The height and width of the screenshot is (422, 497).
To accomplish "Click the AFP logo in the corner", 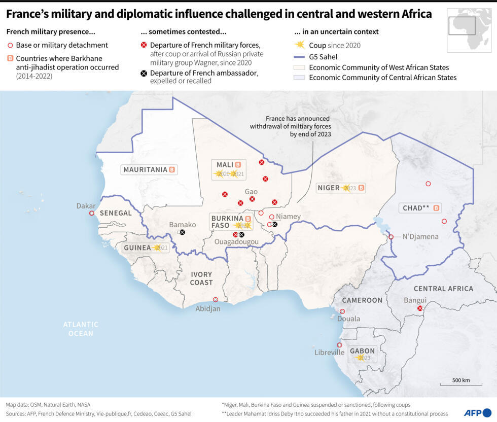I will click(x=477, y=412).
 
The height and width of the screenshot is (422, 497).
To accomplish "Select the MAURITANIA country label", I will click(x=146, y=169).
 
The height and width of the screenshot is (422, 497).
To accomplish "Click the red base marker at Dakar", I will click(x=92, y=213).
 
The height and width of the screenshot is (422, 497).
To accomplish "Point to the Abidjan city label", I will click(x=208, y=308).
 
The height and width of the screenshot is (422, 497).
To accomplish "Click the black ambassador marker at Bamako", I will click(x=182, y=232).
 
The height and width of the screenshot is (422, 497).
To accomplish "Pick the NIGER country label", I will click(x=329, y=188).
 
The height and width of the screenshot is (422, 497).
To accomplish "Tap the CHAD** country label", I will click(x=416, y=208).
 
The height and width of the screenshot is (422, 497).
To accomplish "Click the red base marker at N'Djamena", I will click(x=391, y=237).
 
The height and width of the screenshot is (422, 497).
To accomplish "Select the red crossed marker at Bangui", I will click(x=419, y=308).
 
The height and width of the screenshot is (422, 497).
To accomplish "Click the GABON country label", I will click(x=362, y=351).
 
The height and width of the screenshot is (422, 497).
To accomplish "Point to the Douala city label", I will click(x=348, y=319).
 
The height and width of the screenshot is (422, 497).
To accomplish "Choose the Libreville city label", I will click(x=329, y=352).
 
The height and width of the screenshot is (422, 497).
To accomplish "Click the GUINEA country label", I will click(x=137, y=248).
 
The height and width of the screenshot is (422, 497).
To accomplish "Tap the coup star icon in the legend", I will click(x=300, y=45).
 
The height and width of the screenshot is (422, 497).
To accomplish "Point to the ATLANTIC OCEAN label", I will click(x=81, y=329).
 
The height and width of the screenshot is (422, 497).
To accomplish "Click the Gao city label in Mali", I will click(x=251, y=191).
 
